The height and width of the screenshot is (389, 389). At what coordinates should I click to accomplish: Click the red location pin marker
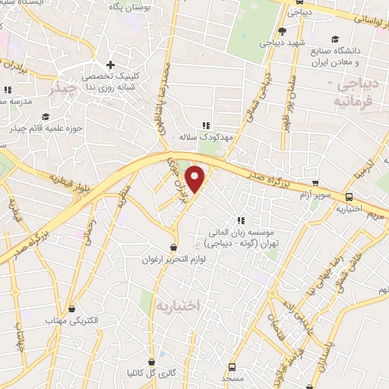pos(196,179)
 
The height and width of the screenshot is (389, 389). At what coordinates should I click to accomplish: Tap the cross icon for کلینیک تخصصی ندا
pos(111,65)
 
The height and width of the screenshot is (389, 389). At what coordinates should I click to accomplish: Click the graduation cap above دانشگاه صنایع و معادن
pos(335,40)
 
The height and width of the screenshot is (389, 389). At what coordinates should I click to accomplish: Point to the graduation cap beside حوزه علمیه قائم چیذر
pos(46,116)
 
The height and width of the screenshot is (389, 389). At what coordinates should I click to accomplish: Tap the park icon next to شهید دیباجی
pos(282,31)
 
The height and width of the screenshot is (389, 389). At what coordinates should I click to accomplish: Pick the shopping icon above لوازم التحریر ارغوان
pos(174,247)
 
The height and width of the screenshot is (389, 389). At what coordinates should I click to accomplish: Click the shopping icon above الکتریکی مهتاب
pos(72,309)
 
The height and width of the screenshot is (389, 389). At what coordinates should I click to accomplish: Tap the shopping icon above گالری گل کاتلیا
pos(153,362)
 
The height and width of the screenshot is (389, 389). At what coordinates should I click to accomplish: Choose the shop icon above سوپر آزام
pos(315,184)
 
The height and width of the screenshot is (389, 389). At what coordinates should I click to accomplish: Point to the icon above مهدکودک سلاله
pos(204,125)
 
